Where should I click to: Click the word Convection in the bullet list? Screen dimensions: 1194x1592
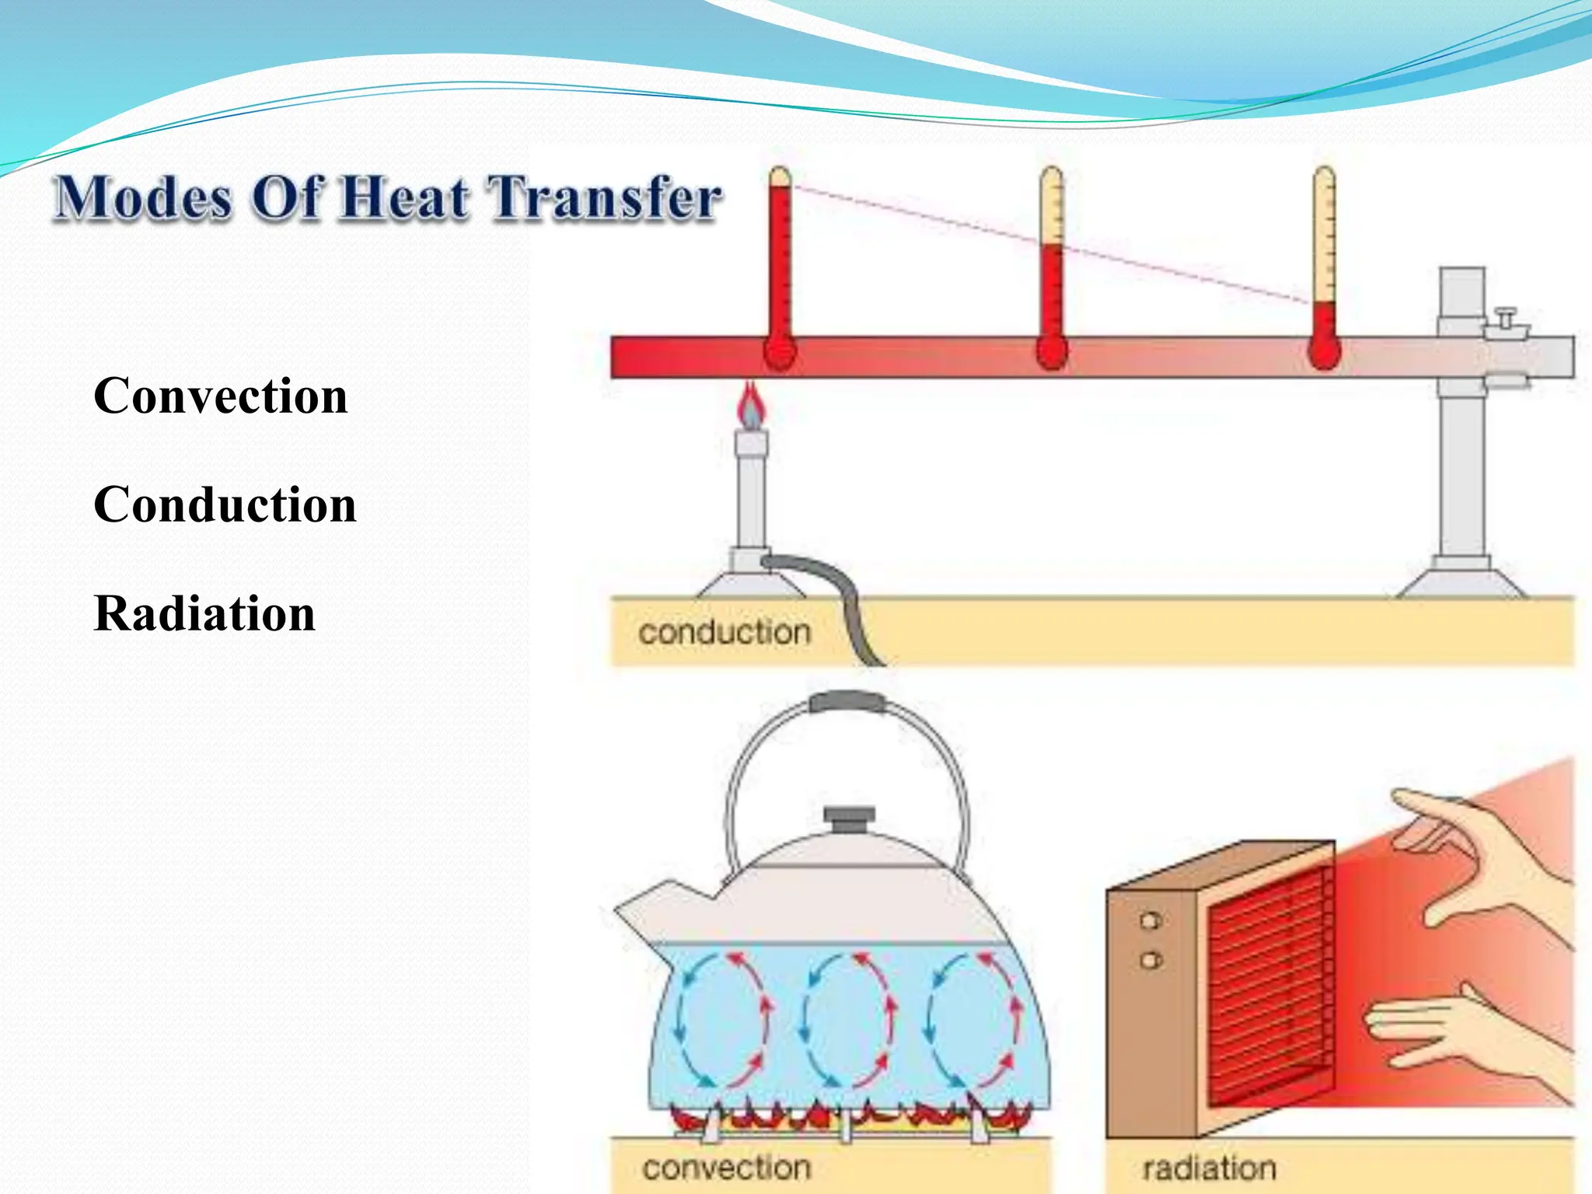[x=221, y=396]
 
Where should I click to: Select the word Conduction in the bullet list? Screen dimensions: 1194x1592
[x=225, y=504]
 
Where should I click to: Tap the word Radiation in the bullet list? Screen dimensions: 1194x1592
[x=204, y=613]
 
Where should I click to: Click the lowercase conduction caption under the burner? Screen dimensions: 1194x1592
[x=724, y=632]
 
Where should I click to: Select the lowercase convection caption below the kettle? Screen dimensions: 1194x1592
[x=726, y=1167]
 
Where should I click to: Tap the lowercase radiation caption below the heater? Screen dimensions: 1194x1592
[x=1209, y=1168]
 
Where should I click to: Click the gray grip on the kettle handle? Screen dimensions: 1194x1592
[x=847, y=702]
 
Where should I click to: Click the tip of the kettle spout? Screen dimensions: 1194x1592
[x=622, y=909]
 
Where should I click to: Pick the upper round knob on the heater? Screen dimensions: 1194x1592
[x=1150, y=921]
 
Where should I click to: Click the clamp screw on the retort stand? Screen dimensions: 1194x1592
[x=1506, y=319]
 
